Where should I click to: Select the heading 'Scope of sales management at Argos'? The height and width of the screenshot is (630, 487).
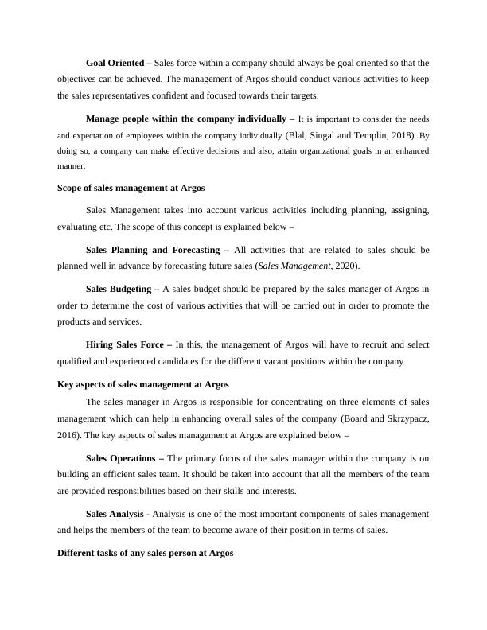[x=131, y=188]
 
